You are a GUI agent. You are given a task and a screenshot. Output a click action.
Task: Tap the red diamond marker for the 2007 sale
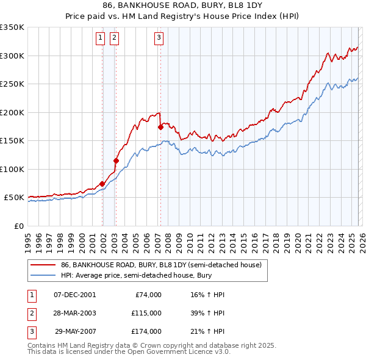pyautogui.click(x=160, y=128)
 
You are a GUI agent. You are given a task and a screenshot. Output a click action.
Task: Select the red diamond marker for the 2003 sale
pyautogui.click(x=116, y=161)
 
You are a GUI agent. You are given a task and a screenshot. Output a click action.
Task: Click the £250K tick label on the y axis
pyautogui.click(x=12, y=84)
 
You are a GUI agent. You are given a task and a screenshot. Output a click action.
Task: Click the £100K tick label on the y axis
pyautogui.click(x=12, y=170)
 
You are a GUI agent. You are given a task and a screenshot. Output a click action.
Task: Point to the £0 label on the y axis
pyautogui.click(x=18, y=226)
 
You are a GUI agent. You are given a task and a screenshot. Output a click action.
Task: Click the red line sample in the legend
pyautogui.click(x=43, y=265)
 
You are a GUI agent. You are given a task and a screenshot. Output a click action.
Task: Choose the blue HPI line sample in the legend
pyautogui.click(x=43, y=275)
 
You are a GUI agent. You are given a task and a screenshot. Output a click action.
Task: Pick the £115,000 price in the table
pyautogui.click(x=146, y=313)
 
